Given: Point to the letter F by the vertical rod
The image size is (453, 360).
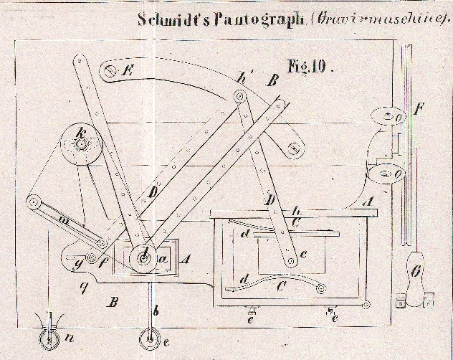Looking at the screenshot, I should [419, 112].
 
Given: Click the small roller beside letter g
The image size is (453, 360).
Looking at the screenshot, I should [92, 257].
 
